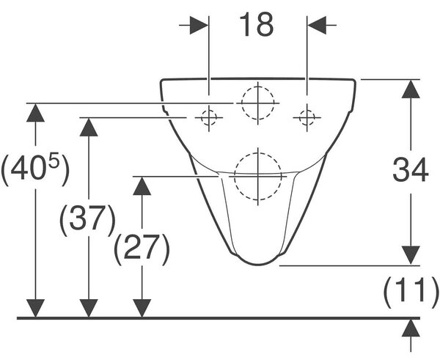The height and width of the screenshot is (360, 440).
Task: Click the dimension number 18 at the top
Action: [257, 25]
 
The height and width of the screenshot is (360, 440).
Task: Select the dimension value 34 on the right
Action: [410, 170]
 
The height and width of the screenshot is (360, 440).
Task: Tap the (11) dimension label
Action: [411, 293]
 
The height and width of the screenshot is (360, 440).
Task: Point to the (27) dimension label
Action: [142, 249]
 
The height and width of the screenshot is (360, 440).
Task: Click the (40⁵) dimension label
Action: [34, 169]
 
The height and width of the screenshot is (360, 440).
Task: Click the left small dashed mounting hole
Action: [208, 117]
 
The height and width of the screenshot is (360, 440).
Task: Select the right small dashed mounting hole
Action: [307, 117]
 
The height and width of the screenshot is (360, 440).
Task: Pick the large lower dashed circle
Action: [235, 177]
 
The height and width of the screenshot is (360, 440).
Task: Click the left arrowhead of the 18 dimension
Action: [199, 25]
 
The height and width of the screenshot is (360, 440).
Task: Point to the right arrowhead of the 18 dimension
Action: [317, 25]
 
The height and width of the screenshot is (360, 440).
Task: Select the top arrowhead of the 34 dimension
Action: [411, 89]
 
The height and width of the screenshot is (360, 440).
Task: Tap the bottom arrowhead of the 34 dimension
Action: [411, 255]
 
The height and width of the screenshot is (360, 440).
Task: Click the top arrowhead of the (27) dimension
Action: [142, 185]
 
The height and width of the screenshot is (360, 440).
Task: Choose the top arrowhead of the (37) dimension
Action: [89, 127]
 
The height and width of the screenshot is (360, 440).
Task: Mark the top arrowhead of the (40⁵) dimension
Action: [35, 112]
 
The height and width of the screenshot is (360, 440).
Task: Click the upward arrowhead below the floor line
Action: [411, 328]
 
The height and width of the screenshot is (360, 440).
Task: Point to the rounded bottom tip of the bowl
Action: [258, 264]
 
